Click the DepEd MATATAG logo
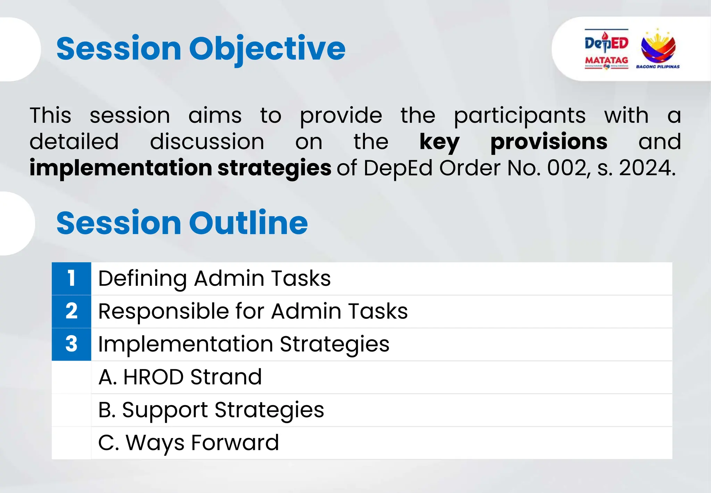[x=606, y=49]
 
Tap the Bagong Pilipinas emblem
[x=658, y=49]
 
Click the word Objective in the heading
[x=267, y=49]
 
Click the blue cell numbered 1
[x=72, y=278]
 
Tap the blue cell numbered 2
[x=72, y=311]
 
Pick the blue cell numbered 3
[x=72, y=344]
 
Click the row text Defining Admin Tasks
[x=214, y=278]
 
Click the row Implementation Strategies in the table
[x=244, y=344]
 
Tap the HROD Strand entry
[x=180, y=377]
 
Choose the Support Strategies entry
[x=211, y=410]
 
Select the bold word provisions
[x=549, y=142]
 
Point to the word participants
[x=520, y=116]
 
